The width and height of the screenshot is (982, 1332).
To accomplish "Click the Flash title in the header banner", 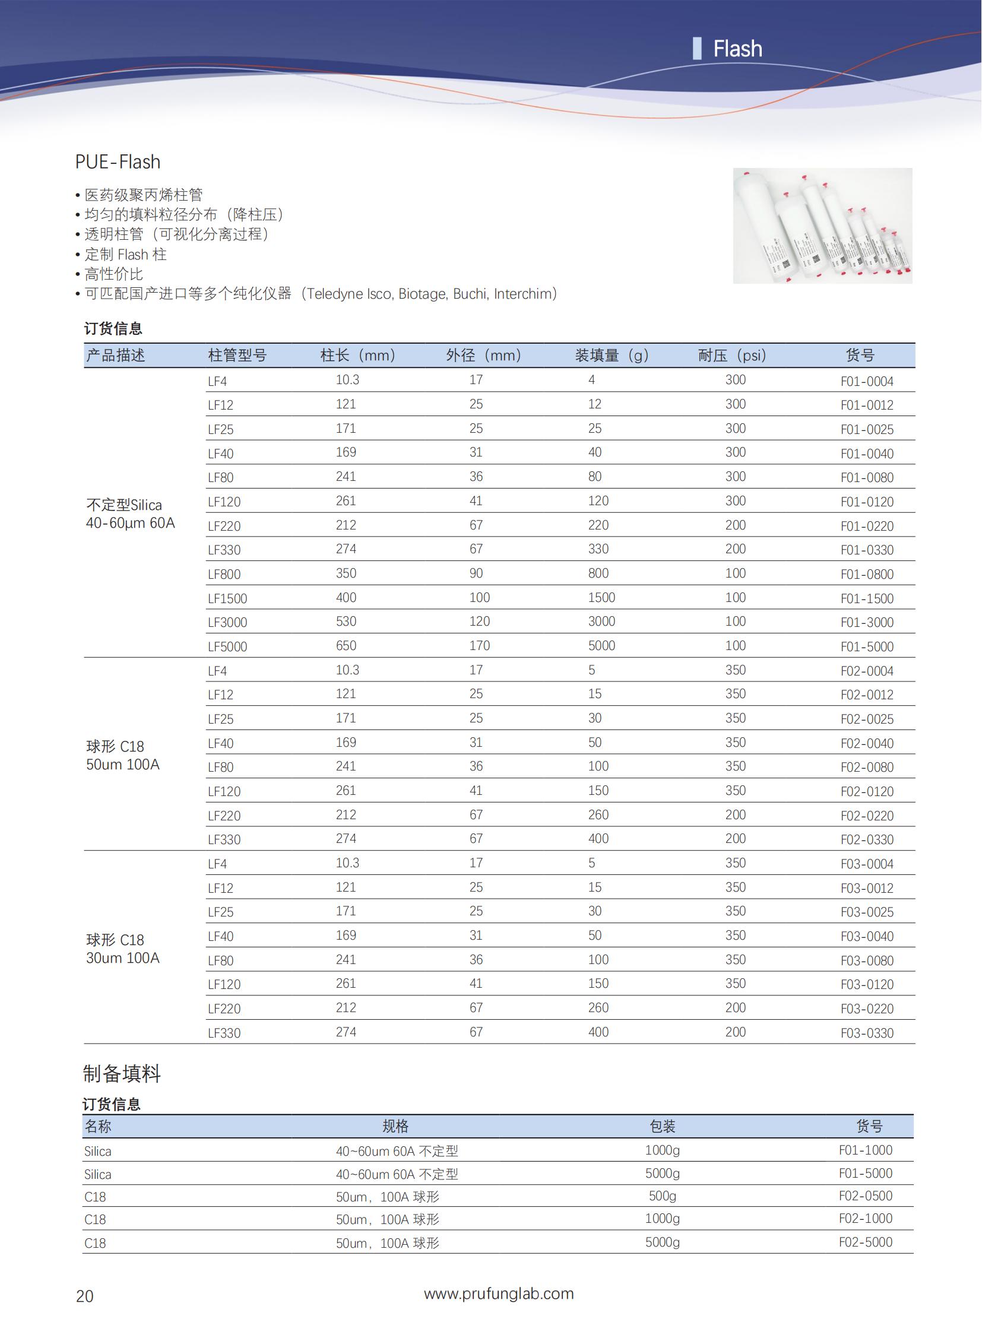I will tap(737, 49).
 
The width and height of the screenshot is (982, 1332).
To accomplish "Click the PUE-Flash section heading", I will tap(118, 161).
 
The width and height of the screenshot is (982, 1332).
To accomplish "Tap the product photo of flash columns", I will tap(822, 226).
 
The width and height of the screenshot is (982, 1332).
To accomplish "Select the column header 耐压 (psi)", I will tap(731, 356).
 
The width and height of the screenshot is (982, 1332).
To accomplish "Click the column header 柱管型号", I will tap(237, 356).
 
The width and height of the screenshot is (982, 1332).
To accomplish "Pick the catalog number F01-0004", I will tap(867, 381).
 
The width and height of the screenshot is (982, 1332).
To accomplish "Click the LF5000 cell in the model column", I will tap(227, 646).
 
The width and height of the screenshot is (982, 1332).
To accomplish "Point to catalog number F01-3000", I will tap(867, 622).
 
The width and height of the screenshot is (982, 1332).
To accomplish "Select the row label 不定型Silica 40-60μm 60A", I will tap(130, 514).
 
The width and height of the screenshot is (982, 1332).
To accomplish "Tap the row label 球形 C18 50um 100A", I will tap(122, 756).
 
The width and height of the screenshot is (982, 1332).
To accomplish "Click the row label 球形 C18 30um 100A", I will tap(122, 949).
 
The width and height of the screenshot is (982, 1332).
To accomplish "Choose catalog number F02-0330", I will tap(867, 839).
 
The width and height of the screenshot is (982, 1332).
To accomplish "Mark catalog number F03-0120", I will tap(867, 984).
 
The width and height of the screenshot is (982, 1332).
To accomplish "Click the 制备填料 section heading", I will tap(122, 1073).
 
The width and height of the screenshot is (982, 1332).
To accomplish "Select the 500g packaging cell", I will tap(662, 1195).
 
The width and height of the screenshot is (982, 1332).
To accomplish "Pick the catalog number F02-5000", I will tap(866, 1242).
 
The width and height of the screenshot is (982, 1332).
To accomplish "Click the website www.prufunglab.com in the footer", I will tap(499, 1293).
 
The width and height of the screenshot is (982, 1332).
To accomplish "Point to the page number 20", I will tap(84, 1296).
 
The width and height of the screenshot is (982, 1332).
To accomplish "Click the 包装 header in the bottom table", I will tap(662, 1127).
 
